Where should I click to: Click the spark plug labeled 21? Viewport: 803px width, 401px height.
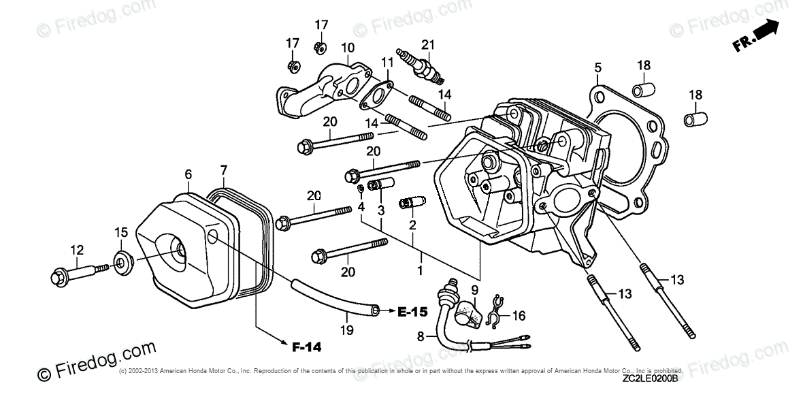point(421,67)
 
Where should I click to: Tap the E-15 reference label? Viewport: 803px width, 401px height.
point(412,312)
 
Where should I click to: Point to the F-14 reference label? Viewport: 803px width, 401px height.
point(306,347)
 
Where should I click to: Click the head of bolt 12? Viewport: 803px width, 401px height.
point(58,277)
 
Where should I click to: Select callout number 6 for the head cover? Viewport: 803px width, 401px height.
point(189,174)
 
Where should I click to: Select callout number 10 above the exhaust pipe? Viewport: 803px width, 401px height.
point(347,48)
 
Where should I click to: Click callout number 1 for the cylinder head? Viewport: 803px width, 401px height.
point(421,271)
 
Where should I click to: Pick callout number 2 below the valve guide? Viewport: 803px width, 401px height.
point(412,224)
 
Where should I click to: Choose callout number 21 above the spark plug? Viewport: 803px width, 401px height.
point(427,45)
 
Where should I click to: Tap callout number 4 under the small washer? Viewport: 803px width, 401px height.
point(361,206)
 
